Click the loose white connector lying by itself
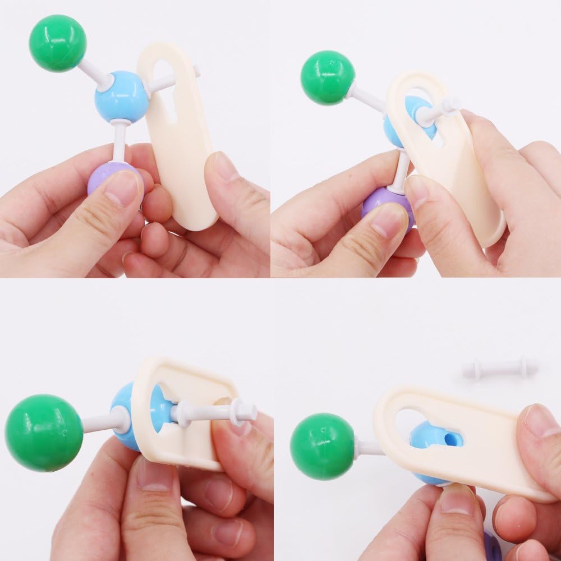(x=499, y=368)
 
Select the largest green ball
(x=44, y=433)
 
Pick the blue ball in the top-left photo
(x=121, y=96)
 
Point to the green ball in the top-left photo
(x=58, y=43)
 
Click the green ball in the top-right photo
(x=328, y=77)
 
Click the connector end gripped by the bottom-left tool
(x=241, y=411)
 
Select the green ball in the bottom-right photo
(x=322, y=446)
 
